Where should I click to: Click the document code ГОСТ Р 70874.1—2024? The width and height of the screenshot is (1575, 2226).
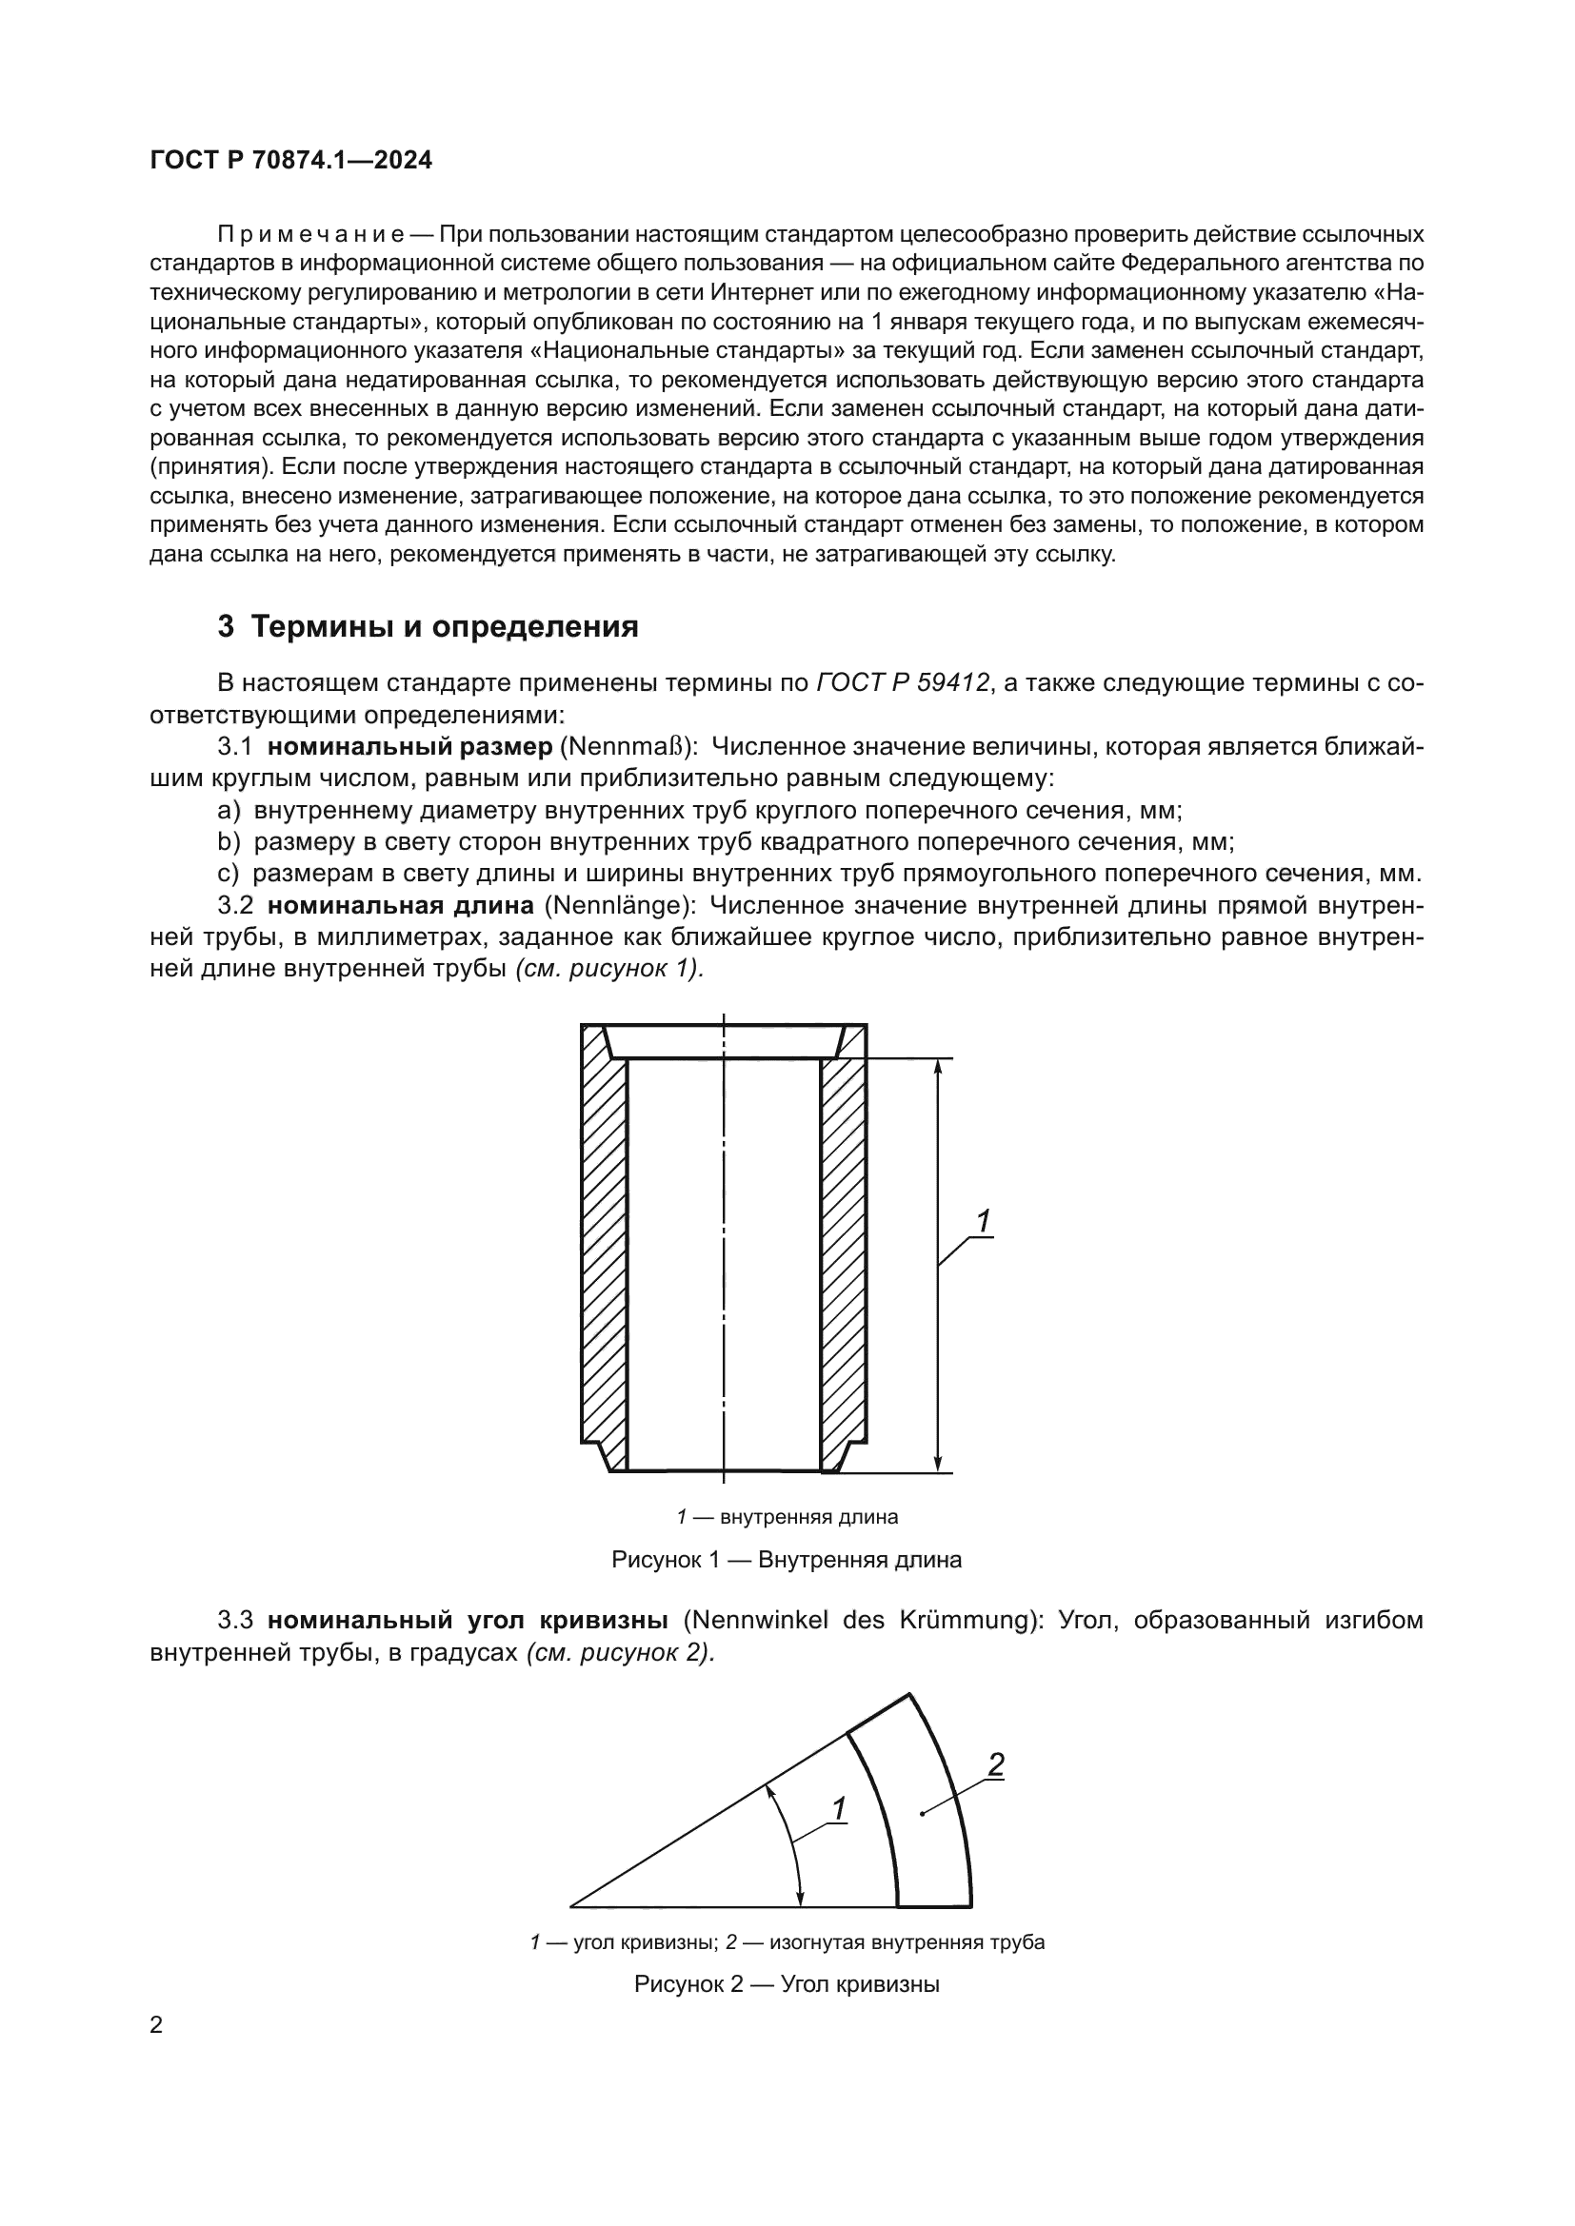coord(291,161)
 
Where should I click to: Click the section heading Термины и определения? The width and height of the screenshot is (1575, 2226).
coord(444,627)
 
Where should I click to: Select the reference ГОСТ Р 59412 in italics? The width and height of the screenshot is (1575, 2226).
coord(902,683)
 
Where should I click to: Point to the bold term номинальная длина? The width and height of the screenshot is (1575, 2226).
coord(400,905)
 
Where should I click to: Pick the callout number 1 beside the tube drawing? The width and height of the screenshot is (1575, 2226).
coord(983,1223)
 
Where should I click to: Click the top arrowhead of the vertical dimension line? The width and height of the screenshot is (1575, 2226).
coord(938,1067)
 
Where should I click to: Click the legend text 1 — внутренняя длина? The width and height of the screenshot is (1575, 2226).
coord(787,1517)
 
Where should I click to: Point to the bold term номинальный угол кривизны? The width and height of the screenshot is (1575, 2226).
coord(468,1620)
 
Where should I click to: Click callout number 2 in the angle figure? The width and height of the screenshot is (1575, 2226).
coord(995,1765)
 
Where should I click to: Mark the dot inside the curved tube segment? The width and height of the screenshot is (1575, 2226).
coord(923,1813)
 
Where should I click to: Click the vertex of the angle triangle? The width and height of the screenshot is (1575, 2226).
coord(571,1907)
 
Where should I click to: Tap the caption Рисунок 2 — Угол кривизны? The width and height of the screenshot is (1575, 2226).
coord(787,1984)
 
